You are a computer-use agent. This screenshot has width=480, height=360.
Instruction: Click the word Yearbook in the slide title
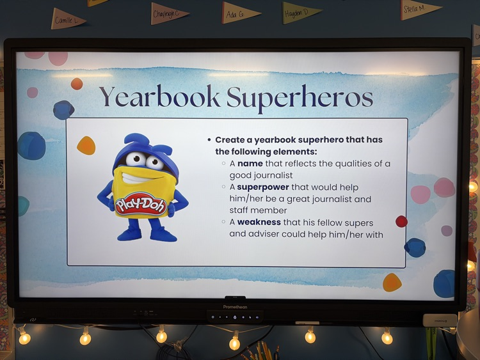point(159,97)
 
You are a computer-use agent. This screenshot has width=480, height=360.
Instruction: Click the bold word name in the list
point(250,164)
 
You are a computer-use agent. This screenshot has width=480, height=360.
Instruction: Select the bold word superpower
point(263,187)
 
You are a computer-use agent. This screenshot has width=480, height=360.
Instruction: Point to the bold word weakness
point(259,222)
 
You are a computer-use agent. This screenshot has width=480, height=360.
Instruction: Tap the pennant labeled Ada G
point(241,13)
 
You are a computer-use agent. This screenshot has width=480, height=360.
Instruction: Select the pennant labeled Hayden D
point(301,13)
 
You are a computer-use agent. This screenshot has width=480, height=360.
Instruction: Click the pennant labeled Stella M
point(419,9)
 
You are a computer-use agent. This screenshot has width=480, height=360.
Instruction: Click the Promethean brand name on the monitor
point(235,307)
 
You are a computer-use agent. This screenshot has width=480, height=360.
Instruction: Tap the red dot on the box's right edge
point(401,221)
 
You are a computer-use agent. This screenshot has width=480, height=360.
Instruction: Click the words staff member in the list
point(258,210)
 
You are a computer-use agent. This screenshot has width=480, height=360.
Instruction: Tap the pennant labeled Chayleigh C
point(169,13)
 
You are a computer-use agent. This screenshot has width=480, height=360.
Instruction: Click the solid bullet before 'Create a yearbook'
point(209,140)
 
